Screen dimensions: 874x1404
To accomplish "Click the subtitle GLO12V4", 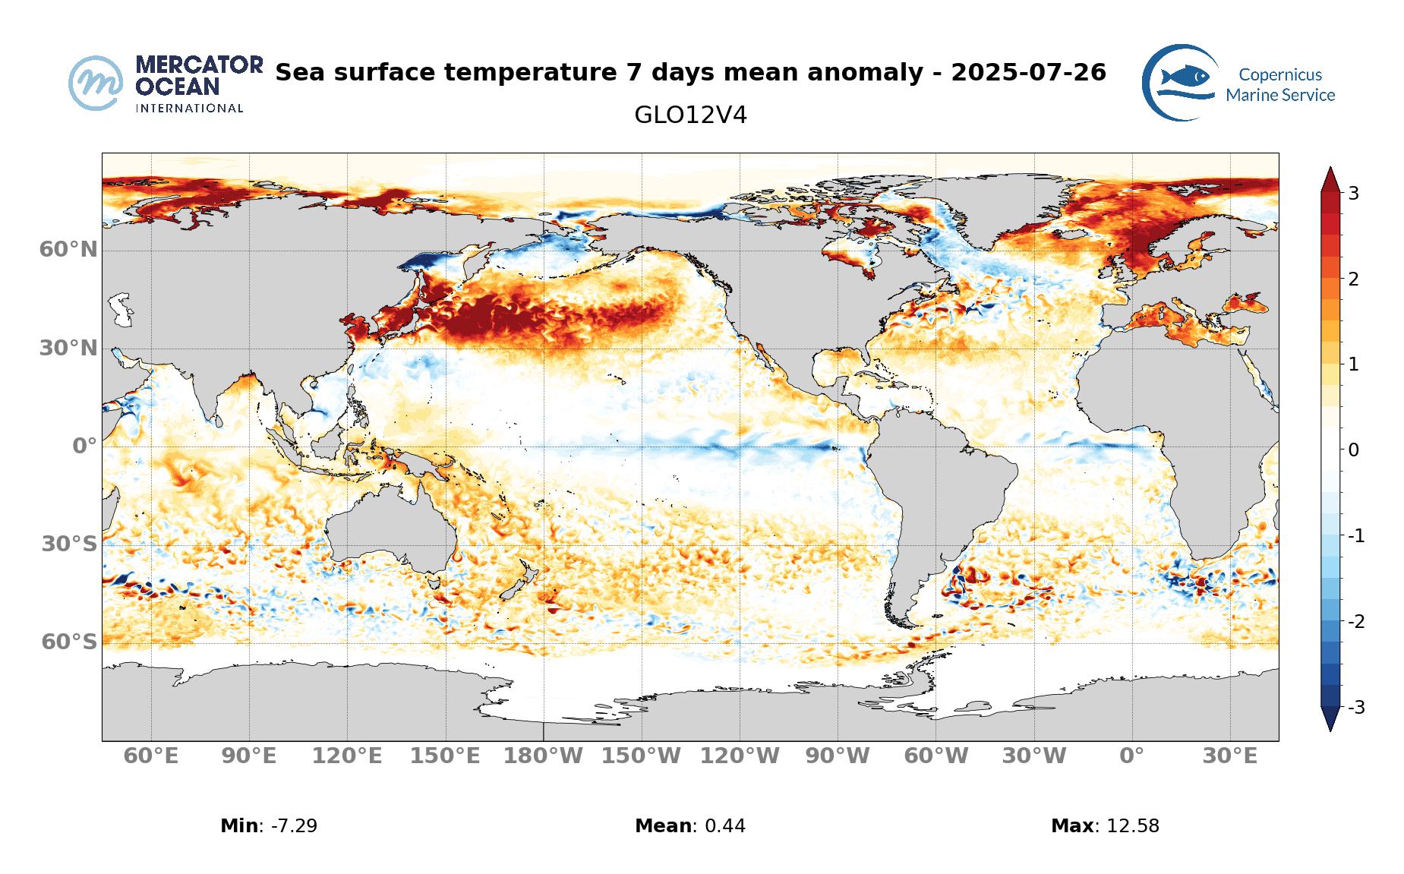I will (690, 115).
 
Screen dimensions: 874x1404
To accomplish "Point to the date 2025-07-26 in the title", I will (1028, 73).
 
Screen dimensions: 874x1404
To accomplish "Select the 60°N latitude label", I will (68, 249).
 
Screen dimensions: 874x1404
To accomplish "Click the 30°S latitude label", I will (69, 544).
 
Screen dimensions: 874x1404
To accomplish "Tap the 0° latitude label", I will (85, 446).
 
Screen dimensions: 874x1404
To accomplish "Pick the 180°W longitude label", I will (544, 756).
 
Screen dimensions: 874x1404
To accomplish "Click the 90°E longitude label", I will (249, 756).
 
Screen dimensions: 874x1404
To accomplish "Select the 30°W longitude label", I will (1033, 756).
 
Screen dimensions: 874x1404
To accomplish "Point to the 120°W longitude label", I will (740, 756).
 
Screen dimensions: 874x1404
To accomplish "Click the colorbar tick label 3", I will (1353, 194).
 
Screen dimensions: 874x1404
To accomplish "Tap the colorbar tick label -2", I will (1355, 622).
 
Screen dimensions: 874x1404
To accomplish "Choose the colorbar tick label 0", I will (1353, 450).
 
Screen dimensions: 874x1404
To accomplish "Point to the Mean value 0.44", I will (724, 826).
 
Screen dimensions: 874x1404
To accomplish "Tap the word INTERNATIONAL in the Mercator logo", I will (189, 109).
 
